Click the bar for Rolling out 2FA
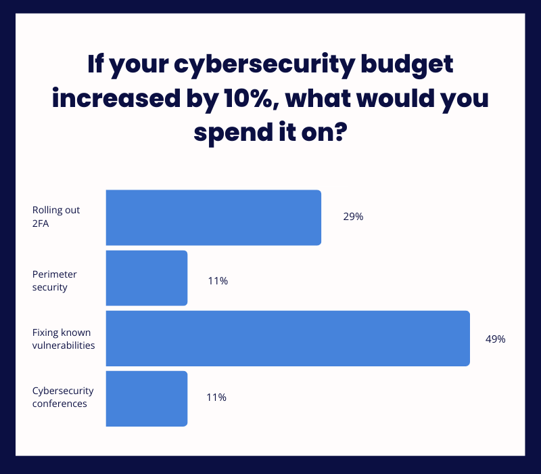(213, 217)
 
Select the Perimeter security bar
(146, 278)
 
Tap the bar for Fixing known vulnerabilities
(287, 339)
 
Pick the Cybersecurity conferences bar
(146, 398)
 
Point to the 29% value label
(353, 217)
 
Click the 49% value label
(495, 339)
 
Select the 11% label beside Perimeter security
(218, 281)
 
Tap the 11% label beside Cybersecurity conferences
(216, 397)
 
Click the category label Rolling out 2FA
(56, 216)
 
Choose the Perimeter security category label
(55, 280)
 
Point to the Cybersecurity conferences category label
(63, 397)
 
